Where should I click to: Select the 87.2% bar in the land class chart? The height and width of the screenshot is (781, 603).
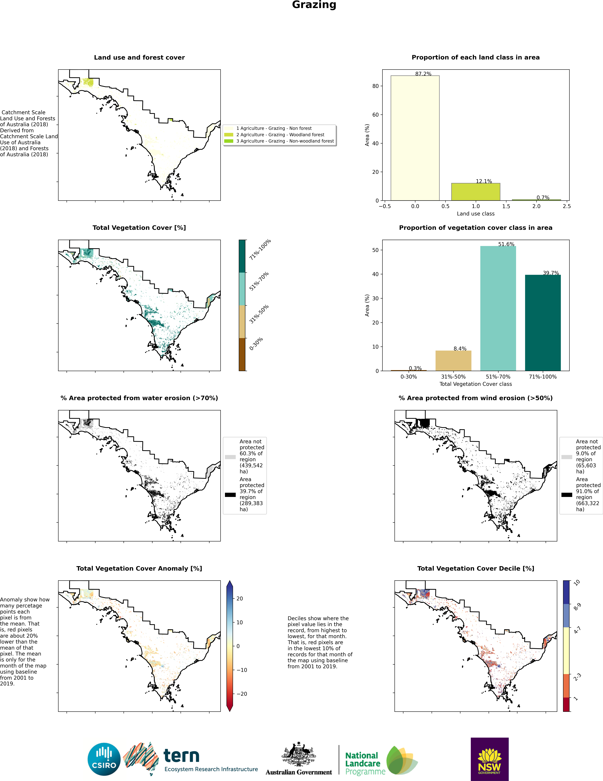pos(415,138)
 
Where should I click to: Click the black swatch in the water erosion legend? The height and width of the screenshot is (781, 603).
pos(230,495)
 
